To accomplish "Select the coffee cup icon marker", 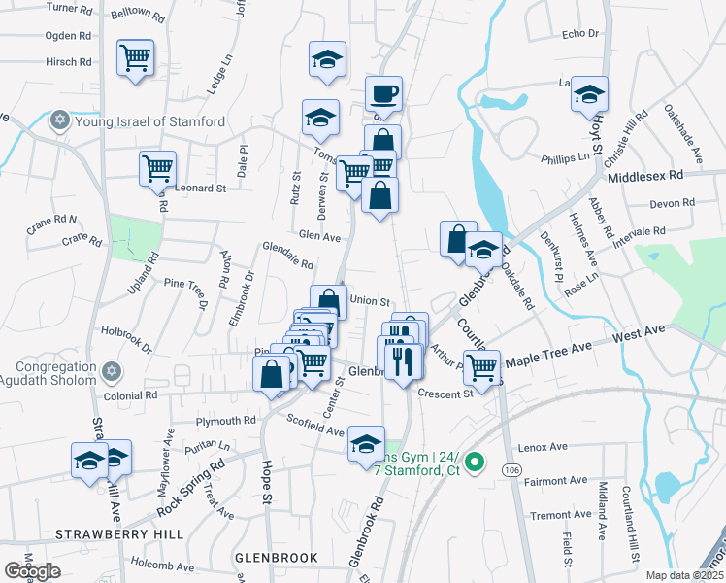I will [x=383, y=94].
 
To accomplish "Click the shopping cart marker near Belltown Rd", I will [x=135, y=57].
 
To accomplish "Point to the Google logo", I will [x=32, y=571].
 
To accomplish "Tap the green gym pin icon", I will [x=475, y=463].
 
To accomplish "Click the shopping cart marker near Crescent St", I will [x=481, y=367].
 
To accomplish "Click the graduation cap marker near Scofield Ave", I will [x=366, y=444].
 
